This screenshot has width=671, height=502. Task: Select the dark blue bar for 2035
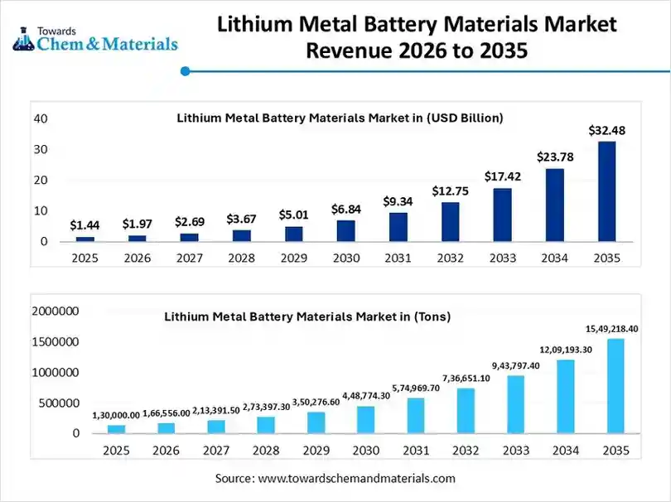[x=606, y=191]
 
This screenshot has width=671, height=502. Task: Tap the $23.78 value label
[x=554, y=157]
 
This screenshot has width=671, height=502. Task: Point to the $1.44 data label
[x=84, y=224]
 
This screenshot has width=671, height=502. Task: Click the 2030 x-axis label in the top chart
[x=345, y=258]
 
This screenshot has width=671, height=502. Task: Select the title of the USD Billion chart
[x=340, y=118]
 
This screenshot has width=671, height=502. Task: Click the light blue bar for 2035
[x=615, y=386]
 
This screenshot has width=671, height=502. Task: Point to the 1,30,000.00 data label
[x=117, y=415]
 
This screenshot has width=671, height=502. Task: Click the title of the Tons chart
[x=307, y=316]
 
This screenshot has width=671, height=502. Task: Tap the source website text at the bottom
[x=335, y=479]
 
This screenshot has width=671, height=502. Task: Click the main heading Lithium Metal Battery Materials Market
[x=417, y=25]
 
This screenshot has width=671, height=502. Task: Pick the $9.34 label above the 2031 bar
[x=398, y=200]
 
